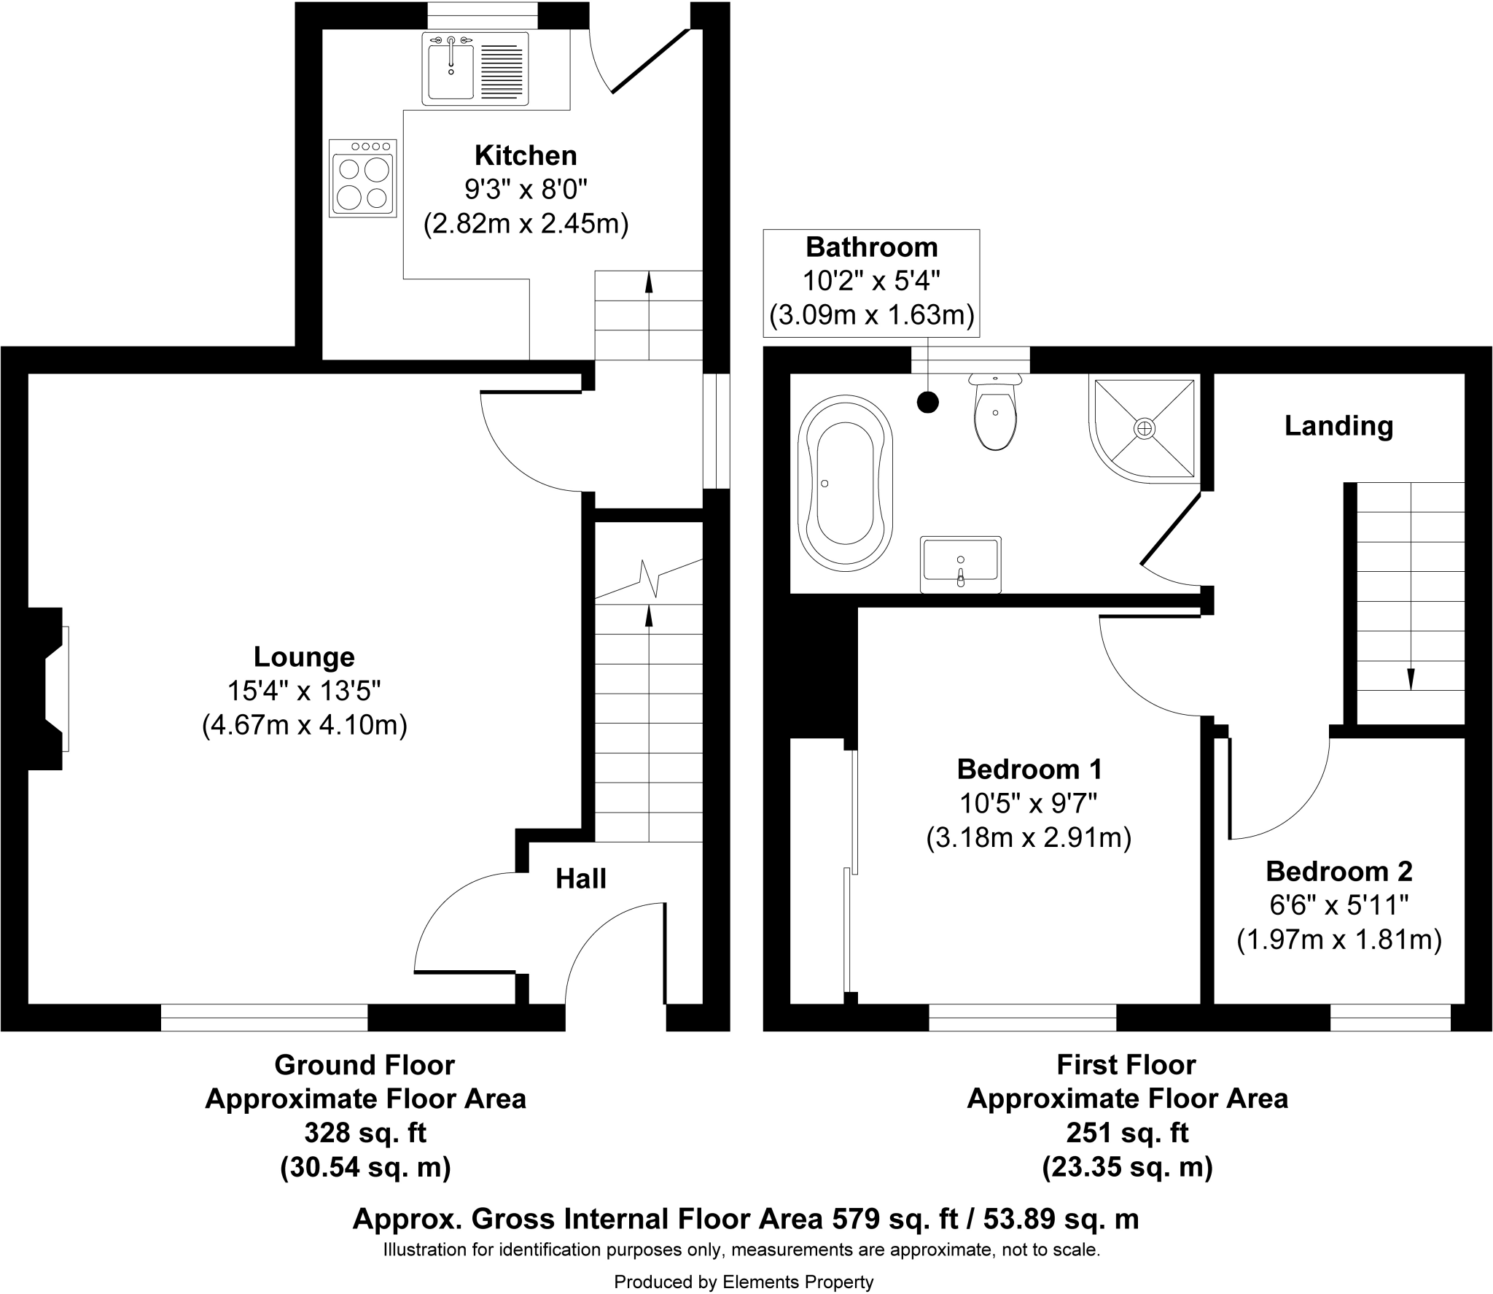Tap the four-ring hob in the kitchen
point(363,179)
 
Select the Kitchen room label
point(526,155)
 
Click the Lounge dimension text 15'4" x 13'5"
point(304,691)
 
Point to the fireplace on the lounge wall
point(51,689)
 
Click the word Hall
point(580,879)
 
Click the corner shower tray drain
point(1145,428)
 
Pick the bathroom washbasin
point(961,564)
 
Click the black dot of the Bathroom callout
point(927,402)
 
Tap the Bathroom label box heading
point(871,247)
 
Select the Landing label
point(1338,426)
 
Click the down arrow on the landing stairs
point(1411,678)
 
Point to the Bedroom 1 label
point(1029,769)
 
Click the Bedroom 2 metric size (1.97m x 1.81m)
point(1339,939)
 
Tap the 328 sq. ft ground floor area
point(365,1133)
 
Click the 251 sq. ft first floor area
point(1127,1133)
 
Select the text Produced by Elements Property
point(744,1282)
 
